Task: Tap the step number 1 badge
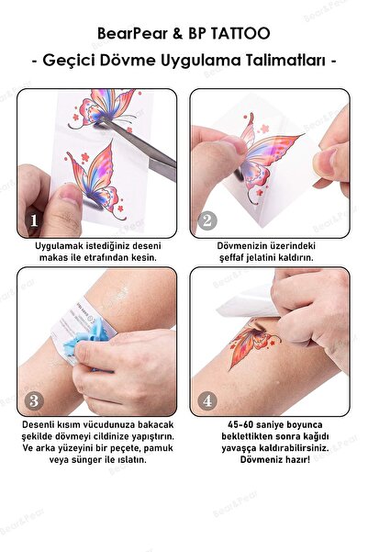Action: pyautogui.click(x=34, y=220)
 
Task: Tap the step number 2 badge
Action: pyautogui.click(x=207, y=220)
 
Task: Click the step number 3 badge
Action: pyautogui.click(x=34, y=400)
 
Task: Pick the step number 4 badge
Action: pyautogui.click(x=207, y=400)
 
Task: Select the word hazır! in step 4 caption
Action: pyautogui.click(x=298, y=459)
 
